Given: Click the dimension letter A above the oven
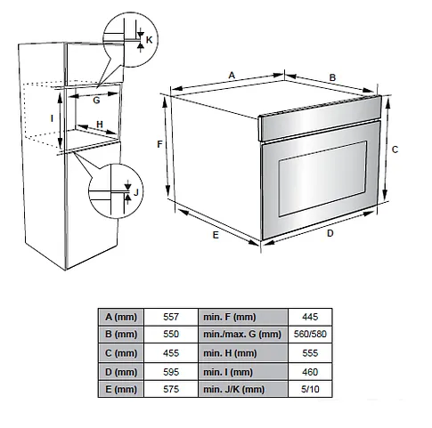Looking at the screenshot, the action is [232, 75].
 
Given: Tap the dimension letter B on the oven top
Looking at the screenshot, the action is [332, 77].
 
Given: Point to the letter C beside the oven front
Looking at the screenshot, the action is [395, 149].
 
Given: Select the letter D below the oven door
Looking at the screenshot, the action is [330, 233].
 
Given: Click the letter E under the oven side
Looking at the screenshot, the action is [216, 235].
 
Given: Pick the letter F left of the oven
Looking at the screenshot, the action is [159, 144].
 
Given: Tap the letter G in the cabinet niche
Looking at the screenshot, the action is [96, 101].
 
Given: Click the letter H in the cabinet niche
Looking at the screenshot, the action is [100, 125].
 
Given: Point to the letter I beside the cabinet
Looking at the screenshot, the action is [53, 118].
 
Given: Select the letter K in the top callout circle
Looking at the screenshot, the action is [149, 40].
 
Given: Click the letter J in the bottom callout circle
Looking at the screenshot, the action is [136, 192].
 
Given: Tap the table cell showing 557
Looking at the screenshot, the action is [171, 317].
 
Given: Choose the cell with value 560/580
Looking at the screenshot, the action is [310, 335].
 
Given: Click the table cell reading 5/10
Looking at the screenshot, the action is [310, 389].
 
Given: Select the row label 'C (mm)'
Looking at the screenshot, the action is [121, 353].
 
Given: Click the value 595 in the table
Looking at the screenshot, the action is [171, 372].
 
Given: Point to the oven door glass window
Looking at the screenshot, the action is [322, 179].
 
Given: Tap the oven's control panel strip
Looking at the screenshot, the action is [320, 118].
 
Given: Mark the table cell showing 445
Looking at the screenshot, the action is [310, 317].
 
